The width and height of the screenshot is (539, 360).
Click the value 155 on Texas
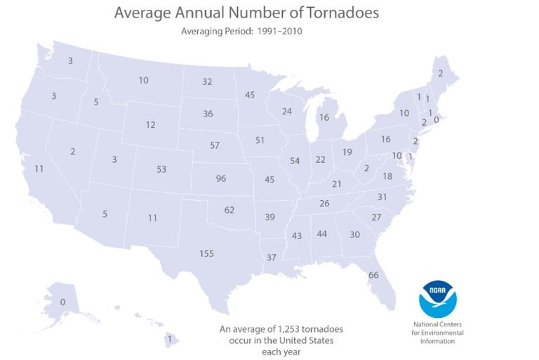206,253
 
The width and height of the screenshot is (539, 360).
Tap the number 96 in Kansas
221,178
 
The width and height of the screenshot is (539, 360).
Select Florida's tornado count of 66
373,274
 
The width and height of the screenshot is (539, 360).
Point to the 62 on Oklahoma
229,210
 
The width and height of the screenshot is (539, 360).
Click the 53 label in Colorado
161,169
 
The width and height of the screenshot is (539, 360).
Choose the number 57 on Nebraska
215,145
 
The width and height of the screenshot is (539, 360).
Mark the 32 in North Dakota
207,81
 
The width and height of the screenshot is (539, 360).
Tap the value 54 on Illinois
295,161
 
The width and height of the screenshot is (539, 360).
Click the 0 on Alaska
62,302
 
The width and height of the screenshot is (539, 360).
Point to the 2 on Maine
440,73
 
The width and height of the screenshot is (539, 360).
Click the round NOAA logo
437,298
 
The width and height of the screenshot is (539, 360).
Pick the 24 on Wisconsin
286,112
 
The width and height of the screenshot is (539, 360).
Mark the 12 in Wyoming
150,125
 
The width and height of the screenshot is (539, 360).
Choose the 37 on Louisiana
272,258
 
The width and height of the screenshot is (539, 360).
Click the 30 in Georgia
354,234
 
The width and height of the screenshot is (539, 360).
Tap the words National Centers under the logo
437,325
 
